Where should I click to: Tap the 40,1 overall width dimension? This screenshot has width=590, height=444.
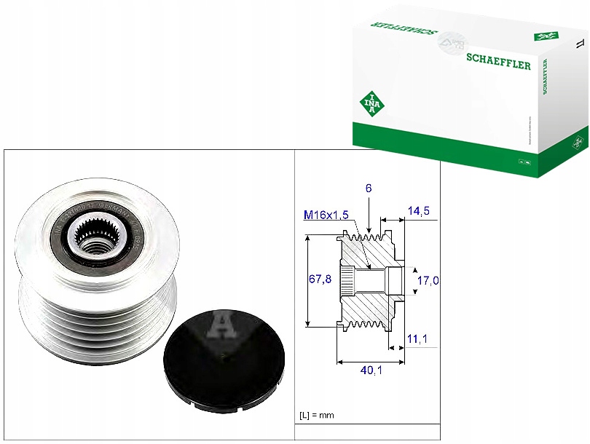click(x=370, y=371)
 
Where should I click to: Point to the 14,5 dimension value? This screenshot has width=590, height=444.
click(x=418, y=211)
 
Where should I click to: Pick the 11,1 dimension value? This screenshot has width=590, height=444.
click(x=418, y=339)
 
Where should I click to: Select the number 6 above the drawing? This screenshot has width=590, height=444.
click(x=369, y=188)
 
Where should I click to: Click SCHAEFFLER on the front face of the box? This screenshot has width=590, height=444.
click(x=499, y=63)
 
